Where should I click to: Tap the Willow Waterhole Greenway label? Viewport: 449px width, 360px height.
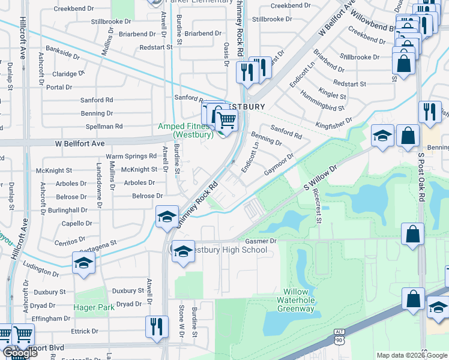click(x=295, y=301)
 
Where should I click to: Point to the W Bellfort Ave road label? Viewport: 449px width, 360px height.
click(x=80, y=144)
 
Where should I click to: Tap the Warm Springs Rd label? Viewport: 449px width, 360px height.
click(x=131, y=156)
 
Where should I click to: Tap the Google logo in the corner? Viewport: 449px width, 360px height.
click(x=19, y=353)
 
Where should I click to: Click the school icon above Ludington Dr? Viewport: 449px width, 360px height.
click(x=83, y=262)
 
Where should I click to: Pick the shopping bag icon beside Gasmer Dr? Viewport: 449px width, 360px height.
click(x=413, y=234)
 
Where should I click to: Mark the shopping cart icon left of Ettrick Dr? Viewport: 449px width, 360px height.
click(x=23, y=334)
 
